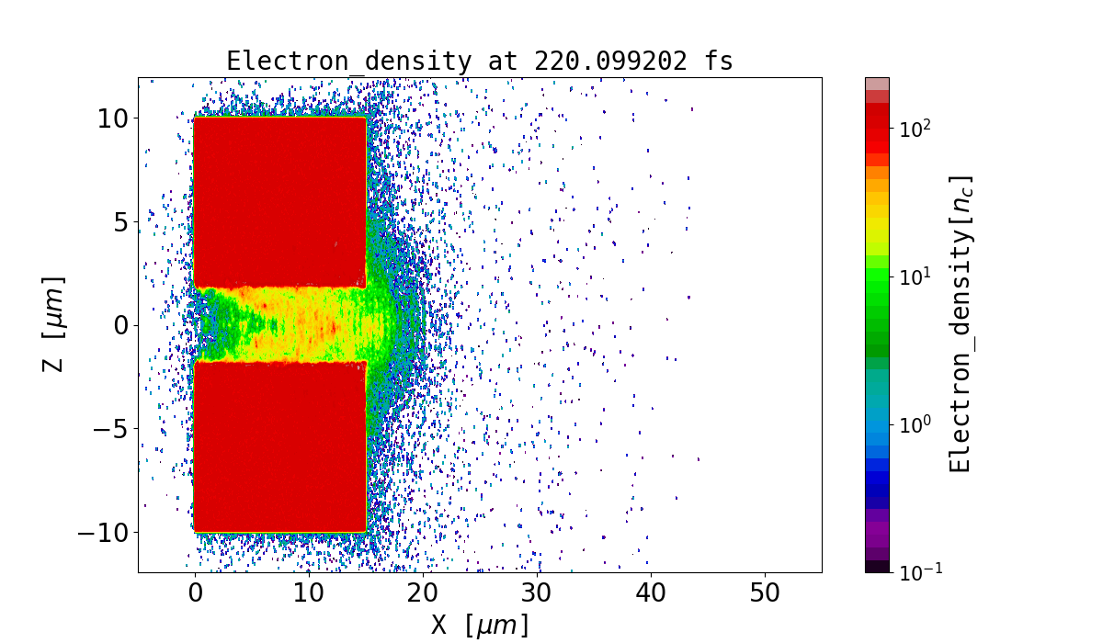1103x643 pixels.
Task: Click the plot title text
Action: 479,61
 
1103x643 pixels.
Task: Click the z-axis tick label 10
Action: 114,118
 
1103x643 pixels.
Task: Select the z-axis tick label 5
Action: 120,221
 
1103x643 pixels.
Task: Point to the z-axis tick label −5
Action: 110,429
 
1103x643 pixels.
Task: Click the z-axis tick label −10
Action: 104,533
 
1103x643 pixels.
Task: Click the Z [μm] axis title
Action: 54,324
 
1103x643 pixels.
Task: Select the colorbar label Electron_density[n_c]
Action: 961,324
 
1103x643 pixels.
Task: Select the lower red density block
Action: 280,446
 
